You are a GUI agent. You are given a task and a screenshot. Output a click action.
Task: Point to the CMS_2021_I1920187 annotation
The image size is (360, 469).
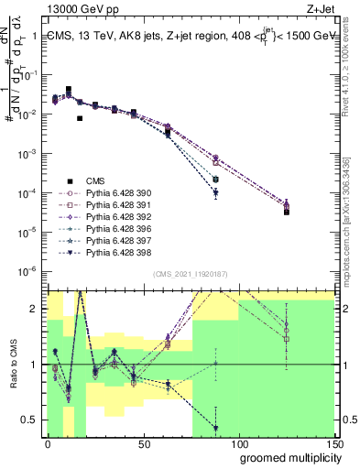click(190, 273)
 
